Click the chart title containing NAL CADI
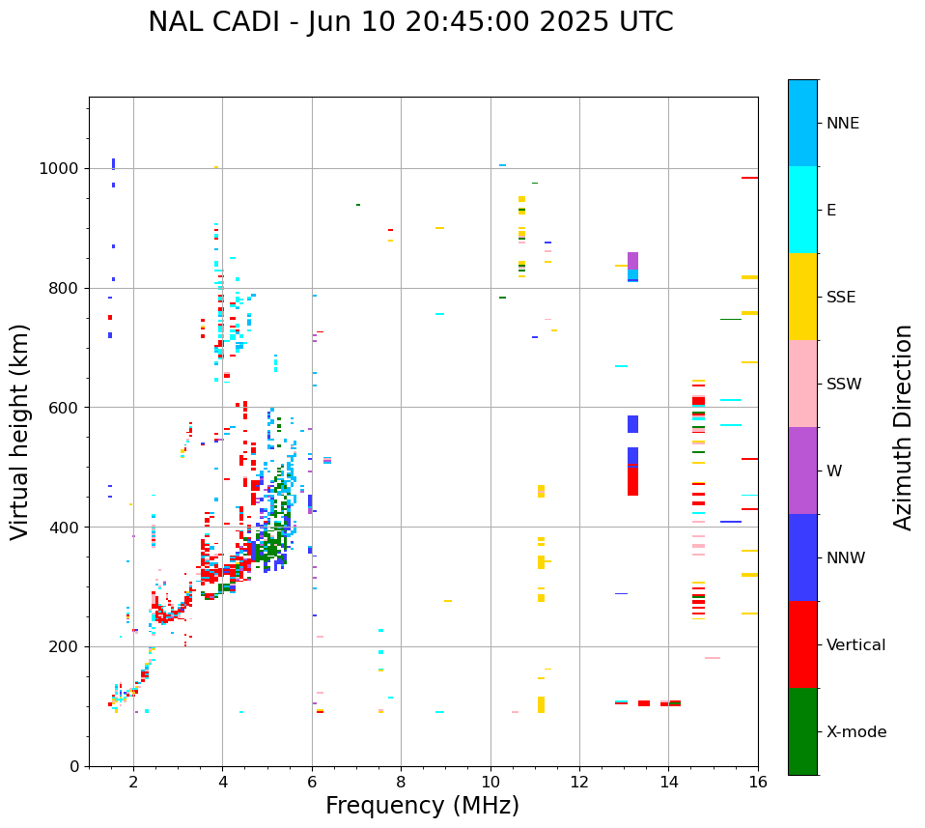coord(410,22)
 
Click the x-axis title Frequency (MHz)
coord(422,806)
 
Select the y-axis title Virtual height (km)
coord(20,431)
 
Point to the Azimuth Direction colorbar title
coord(903,427)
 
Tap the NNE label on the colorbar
coord(842,124)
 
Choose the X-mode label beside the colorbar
coord(855,732)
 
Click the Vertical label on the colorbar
coord(855,645)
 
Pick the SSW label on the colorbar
coord(844,385)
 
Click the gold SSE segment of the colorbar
coord(802,296)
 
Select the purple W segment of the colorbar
coord(802,471)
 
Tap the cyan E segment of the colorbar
coord(802,210)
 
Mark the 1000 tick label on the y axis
coord(62,169)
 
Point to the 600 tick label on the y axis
coord(66,408)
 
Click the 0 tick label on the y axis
coord(75,766)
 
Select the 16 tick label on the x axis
coord(757,782)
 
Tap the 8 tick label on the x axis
coord(401,782)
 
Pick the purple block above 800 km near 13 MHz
coord(632,261)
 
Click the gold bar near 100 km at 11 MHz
coord(541,704)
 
